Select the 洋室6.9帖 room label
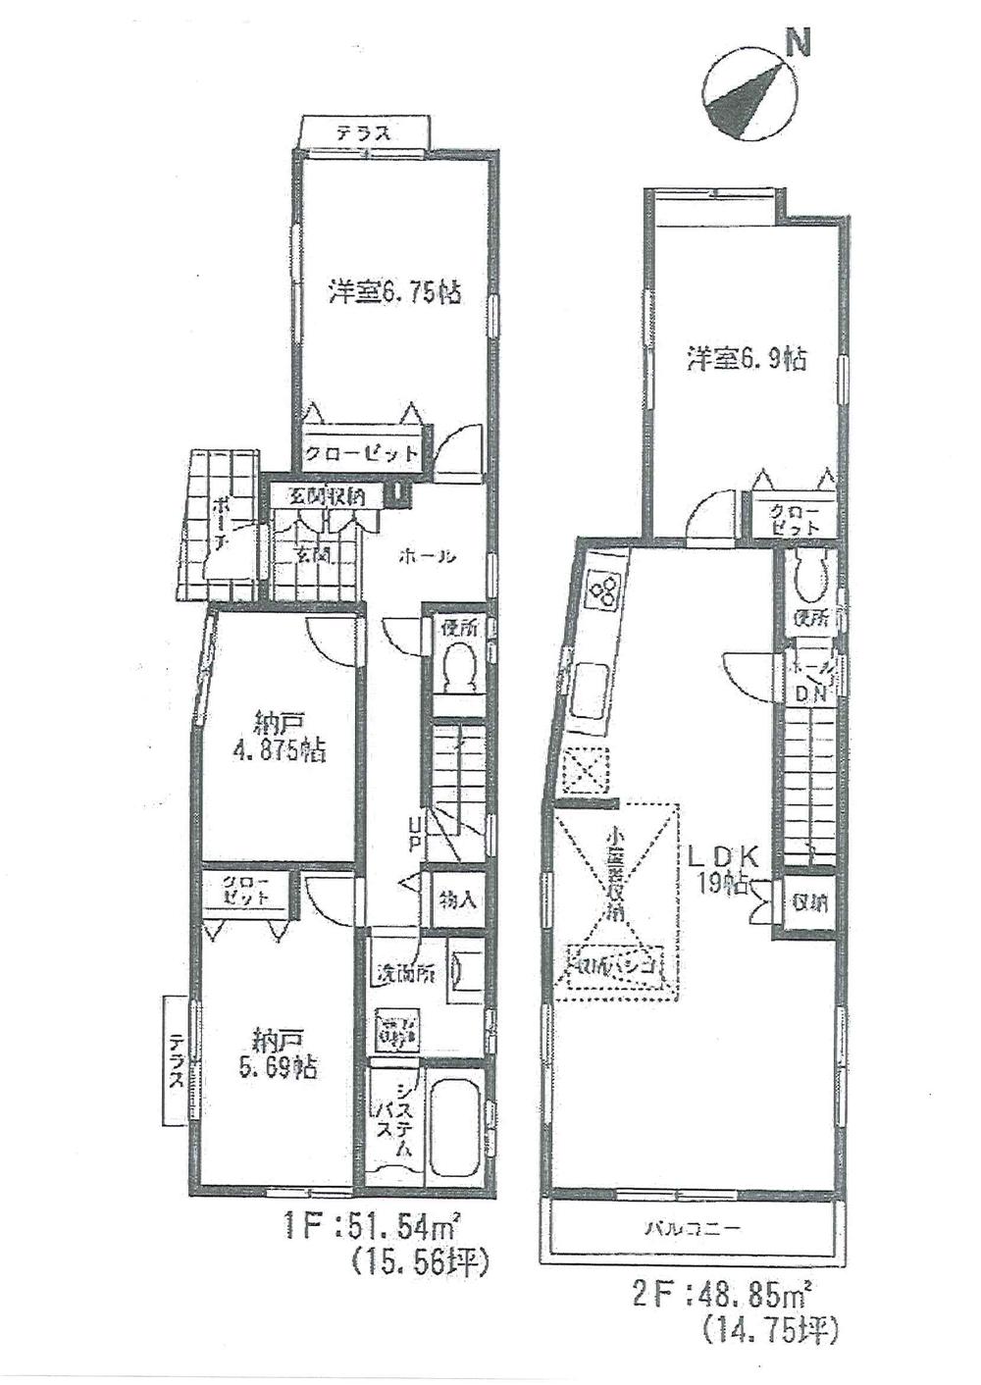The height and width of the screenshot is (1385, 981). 747,359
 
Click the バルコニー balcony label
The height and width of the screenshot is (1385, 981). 691,1226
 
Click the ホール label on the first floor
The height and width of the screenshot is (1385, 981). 427,556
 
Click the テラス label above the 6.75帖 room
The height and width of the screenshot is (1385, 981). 364,132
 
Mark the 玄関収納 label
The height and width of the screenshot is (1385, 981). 327,496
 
